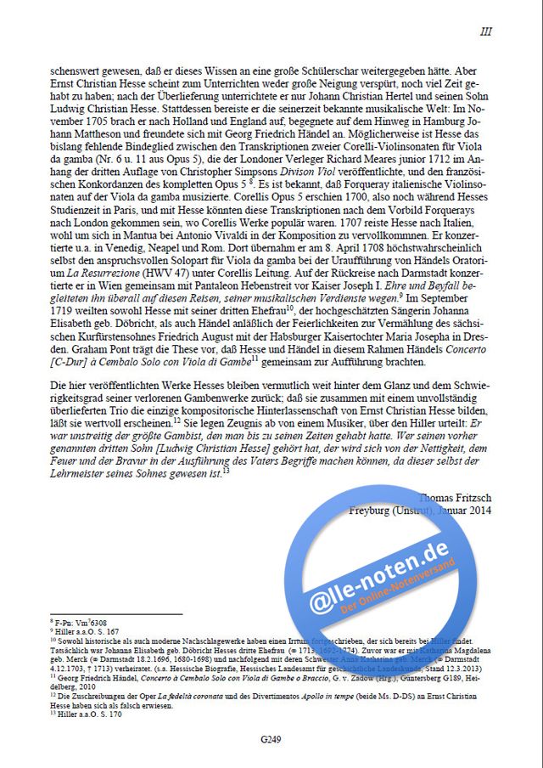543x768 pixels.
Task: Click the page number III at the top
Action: tap(485, 31)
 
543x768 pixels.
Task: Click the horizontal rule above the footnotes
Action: tap(116, 614)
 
